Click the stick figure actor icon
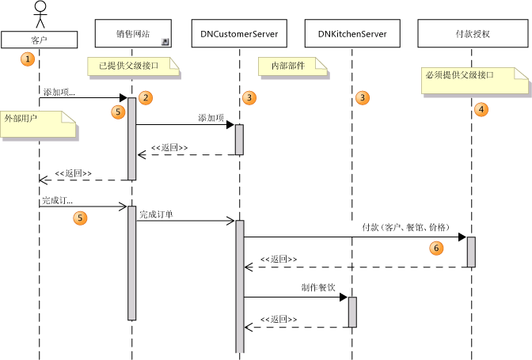tap(39, 13)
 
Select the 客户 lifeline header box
tap(39, 38)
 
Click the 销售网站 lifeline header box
tap(132, 34)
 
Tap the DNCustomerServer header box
tap(238, 34)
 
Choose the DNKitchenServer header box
tap(351, 34)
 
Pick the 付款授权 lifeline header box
tap(473, 34)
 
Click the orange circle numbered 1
tap(28, 59)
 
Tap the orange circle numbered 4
tap(481, 109)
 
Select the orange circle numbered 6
tap(435, 248)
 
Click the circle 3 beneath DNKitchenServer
tap(363, 97)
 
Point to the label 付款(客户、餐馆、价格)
tap(404, 227)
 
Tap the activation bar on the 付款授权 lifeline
tap(471, 252)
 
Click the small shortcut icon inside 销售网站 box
tap(165, 42)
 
